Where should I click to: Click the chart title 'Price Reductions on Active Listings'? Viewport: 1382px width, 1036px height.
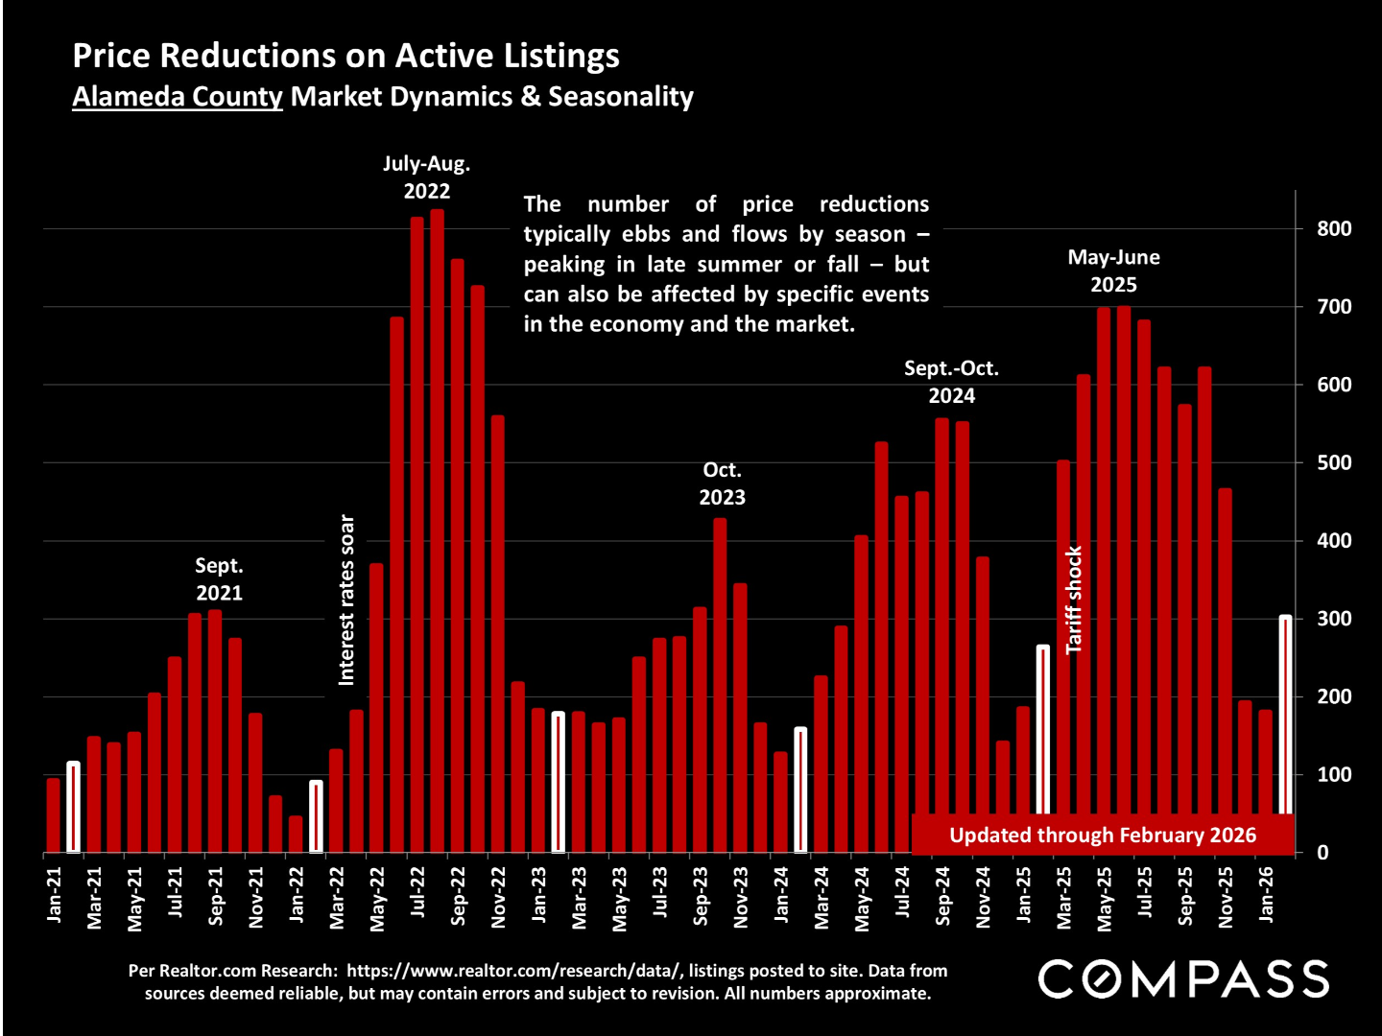[x=345, y=56]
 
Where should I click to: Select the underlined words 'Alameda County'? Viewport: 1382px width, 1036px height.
[x=178, y=97]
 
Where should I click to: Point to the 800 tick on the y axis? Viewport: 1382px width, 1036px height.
[x=1334, y=228]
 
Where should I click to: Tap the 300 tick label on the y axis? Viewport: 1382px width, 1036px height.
[x=1334, y=619]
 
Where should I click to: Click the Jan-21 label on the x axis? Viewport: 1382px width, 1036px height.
[x=54, y=895]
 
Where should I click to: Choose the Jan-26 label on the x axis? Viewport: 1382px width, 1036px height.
[x=1266, y=895]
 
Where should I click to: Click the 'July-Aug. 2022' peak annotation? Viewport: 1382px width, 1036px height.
[x=426, y=177]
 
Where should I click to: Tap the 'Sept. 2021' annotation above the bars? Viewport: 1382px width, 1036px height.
[x=219, y=579]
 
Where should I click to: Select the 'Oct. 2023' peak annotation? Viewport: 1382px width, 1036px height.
[x=722, y=483]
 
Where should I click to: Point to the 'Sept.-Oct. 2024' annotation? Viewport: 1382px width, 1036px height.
[x=951, y=382]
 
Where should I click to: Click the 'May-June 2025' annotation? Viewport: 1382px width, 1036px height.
[x=1113, y=271]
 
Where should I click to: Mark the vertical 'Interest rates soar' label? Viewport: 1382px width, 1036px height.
[x=347, y=600]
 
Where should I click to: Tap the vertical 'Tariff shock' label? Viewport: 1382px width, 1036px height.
[x=1074, y=600]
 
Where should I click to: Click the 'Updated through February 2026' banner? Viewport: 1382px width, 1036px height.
[x=1102, y=835]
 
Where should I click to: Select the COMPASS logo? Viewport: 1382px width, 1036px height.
[x=1183, y=979]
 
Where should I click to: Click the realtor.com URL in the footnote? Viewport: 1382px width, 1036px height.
[x=513, y=971]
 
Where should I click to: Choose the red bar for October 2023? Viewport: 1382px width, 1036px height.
[x=720, y=685]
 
